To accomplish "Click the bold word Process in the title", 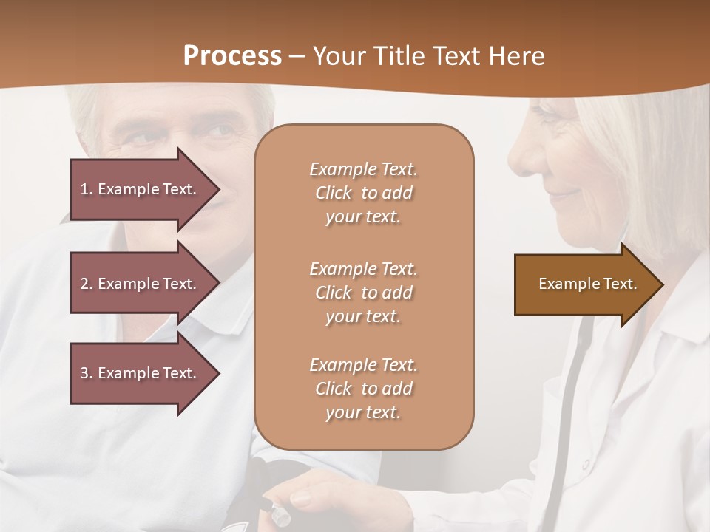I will pyautogui.click(x=232, y=55).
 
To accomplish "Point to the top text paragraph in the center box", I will pyautogui.click(x=363, y=193).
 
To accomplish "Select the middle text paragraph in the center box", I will pyautogui.click(x=363, y=292).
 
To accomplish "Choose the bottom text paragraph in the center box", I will pyautogui.click(x=363, y=389).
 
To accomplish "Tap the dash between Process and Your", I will pyautogui.click(x=297, y=57).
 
